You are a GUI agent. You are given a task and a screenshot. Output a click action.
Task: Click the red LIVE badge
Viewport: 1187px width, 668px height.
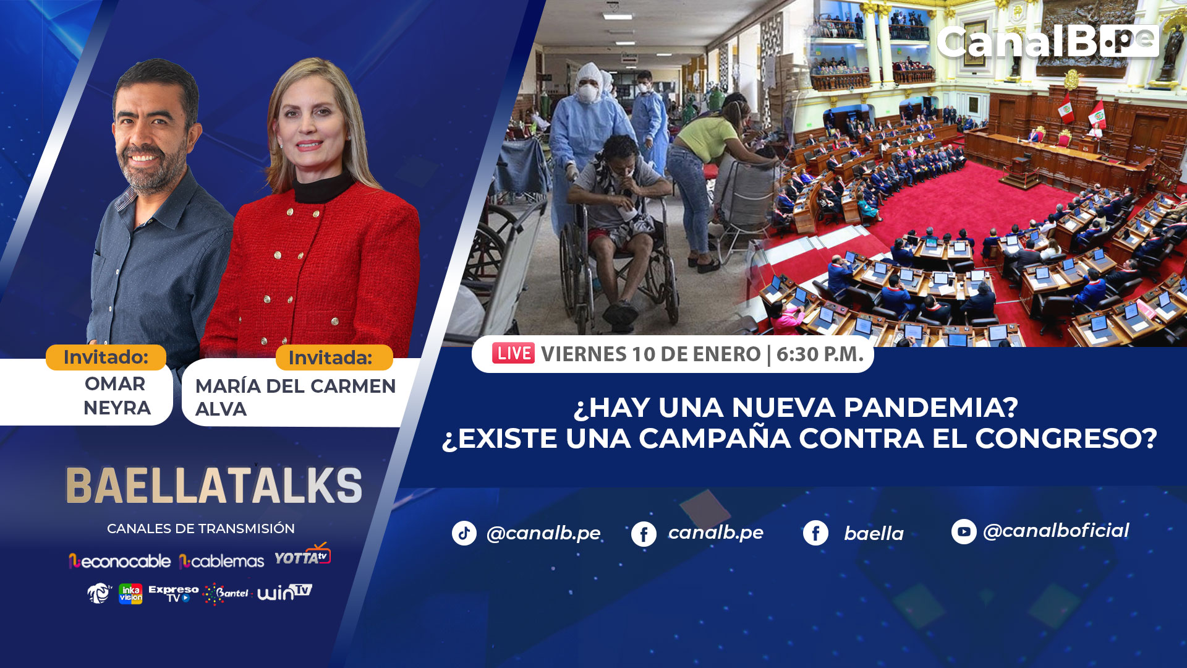pos(513,353)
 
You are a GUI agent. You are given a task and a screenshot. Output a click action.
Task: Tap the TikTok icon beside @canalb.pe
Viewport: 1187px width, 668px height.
pos(464,533)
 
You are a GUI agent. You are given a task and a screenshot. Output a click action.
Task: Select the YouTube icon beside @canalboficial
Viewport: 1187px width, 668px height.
pos(964,531)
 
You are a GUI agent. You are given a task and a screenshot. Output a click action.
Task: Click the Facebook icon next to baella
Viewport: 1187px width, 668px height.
pos(815,533)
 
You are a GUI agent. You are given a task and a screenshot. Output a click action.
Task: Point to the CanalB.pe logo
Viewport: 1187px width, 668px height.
pos(1047,42)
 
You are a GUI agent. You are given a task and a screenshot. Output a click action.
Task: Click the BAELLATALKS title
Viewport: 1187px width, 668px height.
pos(214,486)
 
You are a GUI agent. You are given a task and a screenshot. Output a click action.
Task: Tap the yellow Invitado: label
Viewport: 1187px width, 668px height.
pos(106,358)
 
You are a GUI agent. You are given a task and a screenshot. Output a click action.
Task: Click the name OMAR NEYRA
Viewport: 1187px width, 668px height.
pos(117,396)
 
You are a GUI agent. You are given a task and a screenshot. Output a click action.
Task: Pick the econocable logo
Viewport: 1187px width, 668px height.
pos(120,561)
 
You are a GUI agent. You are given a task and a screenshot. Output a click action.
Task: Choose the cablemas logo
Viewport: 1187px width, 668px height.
pos(221,561)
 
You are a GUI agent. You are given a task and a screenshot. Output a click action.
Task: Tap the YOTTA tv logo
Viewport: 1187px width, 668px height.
pos(303,555)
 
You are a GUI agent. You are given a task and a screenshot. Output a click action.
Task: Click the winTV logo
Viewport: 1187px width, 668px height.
pos(285,593)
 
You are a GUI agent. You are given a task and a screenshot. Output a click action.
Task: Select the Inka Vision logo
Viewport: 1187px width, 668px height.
pos(130,594)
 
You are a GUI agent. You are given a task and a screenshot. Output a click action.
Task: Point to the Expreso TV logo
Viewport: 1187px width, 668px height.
pos(174,593)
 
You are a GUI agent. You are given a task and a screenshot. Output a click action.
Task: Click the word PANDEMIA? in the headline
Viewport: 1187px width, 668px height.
pos(930,408)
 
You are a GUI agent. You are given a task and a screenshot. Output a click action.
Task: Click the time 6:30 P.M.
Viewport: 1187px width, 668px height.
pos(820,354)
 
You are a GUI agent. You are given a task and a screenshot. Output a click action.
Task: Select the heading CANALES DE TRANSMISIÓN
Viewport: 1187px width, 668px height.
pos(201,529)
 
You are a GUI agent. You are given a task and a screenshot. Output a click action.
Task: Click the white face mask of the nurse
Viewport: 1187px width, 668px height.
pos(587,93)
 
